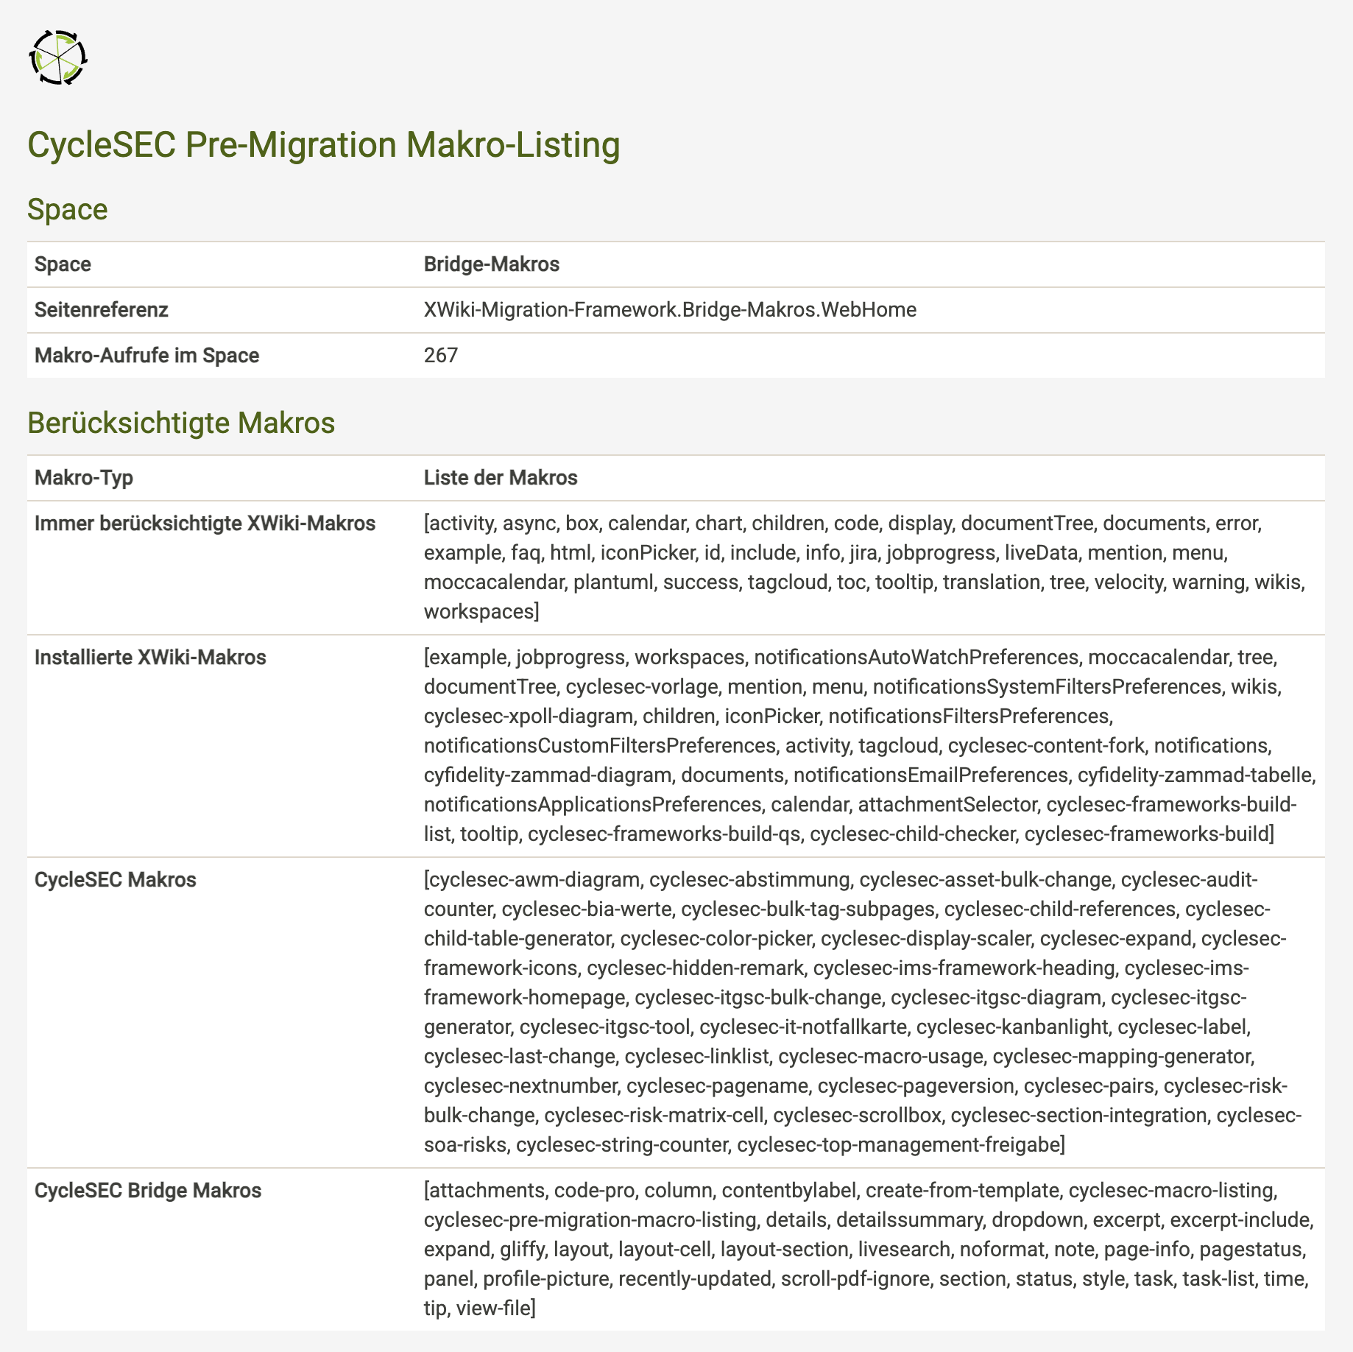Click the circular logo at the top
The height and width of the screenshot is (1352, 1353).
point(58,57)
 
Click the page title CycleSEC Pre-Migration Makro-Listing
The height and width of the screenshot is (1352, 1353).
point(323,145)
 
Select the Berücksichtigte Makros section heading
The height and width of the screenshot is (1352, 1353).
point(180,423)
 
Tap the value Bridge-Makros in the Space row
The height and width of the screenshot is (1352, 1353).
point(491,264)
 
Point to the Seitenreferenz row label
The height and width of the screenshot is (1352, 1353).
point(101,310)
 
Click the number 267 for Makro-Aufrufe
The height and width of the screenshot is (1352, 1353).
point(441,356)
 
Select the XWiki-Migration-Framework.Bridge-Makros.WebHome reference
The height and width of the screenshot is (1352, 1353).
point(670,310)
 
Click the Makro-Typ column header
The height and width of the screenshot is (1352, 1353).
point(83,478)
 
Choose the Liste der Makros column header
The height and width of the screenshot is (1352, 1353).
point(501,478)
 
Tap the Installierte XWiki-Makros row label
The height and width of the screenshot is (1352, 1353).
point(150,658)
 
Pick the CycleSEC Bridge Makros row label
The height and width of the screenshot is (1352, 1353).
point(147,1191)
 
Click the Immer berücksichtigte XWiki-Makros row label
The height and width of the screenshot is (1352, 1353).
point(205,524)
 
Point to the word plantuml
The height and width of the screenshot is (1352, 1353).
point(613,582)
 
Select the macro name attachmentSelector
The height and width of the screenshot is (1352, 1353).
point(947,805)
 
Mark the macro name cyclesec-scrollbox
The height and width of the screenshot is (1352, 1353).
point(858,1116)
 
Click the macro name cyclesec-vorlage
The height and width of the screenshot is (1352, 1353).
point(641,687)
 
